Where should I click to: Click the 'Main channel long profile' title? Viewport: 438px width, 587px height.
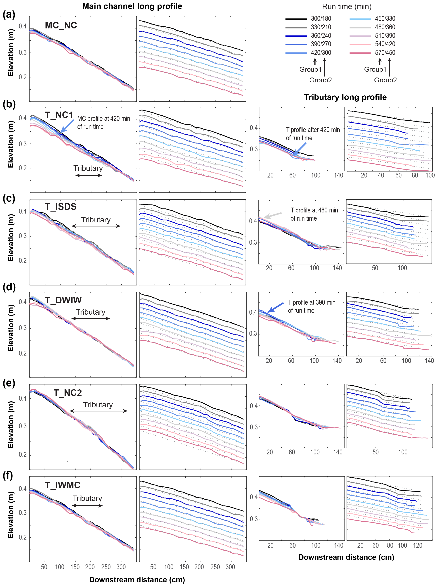132,6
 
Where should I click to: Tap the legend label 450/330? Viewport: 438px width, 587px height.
385,18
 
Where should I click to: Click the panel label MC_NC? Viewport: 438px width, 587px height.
61,26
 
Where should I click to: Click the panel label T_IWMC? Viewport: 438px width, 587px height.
63,485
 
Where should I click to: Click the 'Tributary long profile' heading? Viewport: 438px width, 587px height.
345,97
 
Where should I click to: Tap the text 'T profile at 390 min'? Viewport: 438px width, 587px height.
312,302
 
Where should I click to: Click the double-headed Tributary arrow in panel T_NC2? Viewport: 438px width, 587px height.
98,411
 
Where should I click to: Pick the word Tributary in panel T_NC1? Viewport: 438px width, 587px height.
88,168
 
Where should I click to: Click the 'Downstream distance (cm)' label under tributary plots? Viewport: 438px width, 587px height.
346,557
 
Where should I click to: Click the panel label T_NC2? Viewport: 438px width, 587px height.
68,393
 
